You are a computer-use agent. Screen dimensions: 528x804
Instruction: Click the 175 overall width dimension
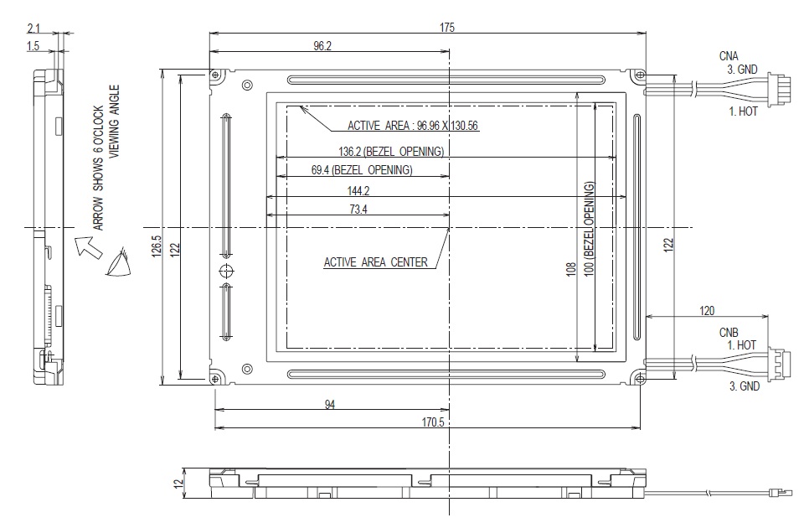pos(446,28)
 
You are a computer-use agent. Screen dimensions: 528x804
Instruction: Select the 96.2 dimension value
pos(323,47)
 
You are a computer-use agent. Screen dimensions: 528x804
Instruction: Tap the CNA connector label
pos(729,56)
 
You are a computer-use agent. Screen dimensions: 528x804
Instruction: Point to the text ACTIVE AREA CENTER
pos(376,262)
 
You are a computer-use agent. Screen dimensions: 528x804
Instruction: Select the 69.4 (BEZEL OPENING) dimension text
pos(362,170)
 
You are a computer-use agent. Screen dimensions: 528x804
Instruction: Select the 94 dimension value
pos(330,405)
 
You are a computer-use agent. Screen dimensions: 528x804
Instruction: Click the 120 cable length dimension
pos(707,311)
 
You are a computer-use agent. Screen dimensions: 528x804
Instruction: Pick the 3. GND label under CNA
pos(741,70)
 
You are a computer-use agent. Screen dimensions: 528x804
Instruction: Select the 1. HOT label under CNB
pos(741,345)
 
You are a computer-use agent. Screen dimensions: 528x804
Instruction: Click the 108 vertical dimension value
pos(570,272)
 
